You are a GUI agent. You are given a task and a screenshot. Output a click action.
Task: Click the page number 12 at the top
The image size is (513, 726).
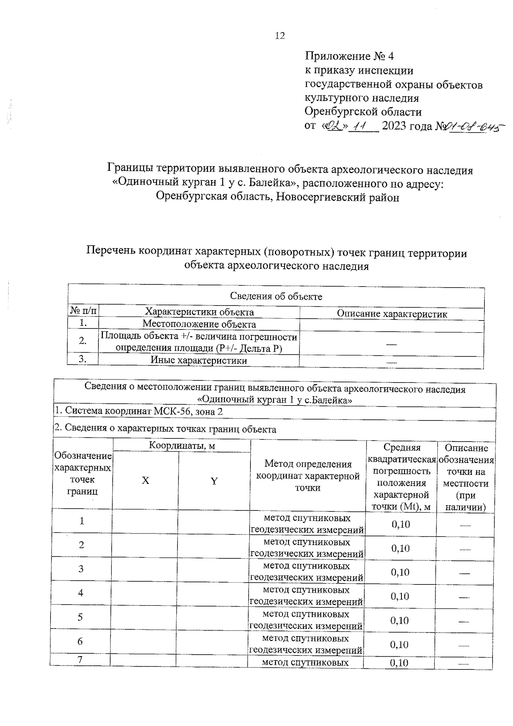coord(280,36)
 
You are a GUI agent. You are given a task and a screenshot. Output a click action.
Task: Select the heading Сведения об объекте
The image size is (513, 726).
coord(276,296)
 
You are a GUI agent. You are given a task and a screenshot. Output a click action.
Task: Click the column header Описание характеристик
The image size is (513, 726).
coord(392,314)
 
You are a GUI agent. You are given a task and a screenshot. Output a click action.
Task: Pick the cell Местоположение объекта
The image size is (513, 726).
coord(199,325)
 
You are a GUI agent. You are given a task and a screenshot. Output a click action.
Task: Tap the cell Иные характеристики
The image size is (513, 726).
coord(199,361)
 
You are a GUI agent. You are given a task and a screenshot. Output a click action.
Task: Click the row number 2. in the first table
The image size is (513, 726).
coord(83,341)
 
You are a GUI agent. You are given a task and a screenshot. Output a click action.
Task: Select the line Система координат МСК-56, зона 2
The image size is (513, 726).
coord(139,412)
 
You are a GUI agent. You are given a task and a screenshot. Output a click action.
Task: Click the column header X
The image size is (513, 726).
coord(145,481)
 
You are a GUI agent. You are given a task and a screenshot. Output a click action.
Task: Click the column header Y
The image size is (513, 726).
coord(214,481)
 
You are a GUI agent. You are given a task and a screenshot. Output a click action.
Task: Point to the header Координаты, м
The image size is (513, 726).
coord(182,446)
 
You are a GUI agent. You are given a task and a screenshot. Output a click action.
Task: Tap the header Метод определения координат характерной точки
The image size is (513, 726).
coord(308,476)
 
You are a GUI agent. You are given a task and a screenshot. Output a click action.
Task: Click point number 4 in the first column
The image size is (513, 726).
coord(81,593)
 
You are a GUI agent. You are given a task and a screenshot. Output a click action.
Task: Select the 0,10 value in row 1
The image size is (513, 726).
coord(401,524)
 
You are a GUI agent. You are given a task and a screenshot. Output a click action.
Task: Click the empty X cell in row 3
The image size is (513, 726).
coord(144,569)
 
